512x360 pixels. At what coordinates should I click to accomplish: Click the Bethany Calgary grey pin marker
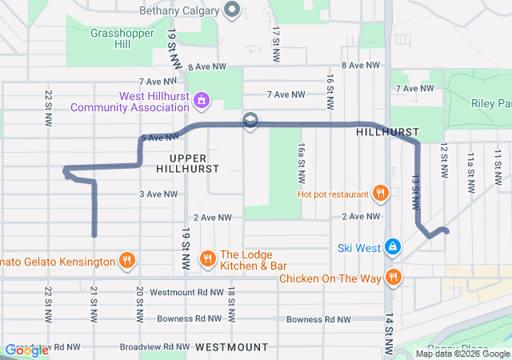pyautogui.click(x=233, y=10)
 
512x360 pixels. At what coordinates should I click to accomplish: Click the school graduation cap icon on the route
pyautogui.click(x=250, y=121)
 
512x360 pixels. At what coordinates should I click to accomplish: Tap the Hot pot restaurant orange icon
pyautogui.click(x=380, y=193)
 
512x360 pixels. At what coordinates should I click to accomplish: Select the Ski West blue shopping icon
pyautogui.click(x=392, y=247)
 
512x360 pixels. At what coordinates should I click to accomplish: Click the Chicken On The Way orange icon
pyautogui.click(x=393, y=278)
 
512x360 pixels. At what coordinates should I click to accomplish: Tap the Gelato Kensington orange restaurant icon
pyautogui.click(x=126, y=261)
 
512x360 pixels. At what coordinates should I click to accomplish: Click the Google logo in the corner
pyautogui.click(x=26, y=350)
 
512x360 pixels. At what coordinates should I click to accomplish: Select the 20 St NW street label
pyautogui.click(x=140, y=300)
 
